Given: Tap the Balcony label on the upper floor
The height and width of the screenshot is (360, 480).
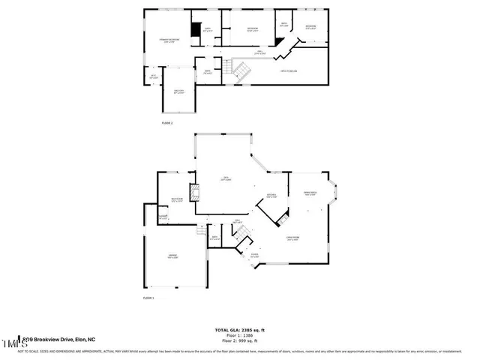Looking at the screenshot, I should coord(178,92).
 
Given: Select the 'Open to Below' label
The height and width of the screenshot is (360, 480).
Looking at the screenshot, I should coord(289,70).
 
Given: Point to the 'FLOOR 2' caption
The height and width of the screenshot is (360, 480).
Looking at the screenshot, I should coord(166,122).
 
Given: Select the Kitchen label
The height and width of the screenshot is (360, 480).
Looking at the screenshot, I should coord(271,197).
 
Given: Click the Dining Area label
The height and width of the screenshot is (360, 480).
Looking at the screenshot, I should coord(310,193).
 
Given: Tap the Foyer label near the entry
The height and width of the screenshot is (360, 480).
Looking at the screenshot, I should coord(254,256).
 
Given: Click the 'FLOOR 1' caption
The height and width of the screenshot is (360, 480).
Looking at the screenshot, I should coord(148,298).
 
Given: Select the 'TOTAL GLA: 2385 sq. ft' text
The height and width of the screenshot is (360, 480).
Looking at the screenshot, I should coord(241,330).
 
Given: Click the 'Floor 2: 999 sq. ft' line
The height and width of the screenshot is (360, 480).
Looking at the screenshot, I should coord(241,340).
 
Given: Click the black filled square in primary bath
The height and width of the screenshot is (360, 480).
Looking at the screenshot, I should coord(196,29).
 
